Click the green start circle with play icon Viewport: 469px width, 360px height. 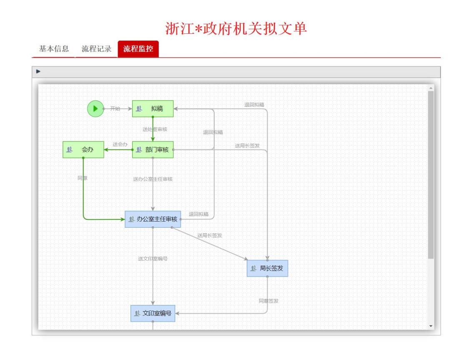pyautogui.click(x=95, y=109)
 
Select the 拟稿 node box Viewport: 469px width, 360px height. pyautogui.click(x=153, y=109)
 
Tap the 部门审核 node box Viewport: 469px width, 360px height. pyautogui.click(x=153, y=150)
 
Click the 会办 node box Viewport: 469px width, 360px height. pyautogui.click(x=83, y=150)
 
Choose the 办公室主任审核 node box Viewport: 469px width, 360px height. pyautogui.click(x=153, y=219)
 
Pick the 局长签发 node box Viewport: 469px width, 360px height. pyautogui.click(x=267, y=268)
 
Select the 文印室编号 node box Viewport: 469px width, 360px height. pyautogui.click(x=153, y=314)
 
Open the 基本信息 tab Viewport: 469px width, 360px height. pyautogui.click(x=54, y=49)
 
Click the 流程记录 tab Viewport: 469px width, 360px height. pyautogui.click(x=96, y=49)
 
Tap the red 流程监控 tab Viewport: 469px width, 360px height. pyautogui.click(x=138, y=49)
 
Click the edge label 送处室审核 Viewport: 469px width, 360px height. pyautogui.click(x=155, y=129)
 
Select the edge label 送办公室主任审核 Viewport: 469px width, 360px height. pyautogui.click(x=153, y=179)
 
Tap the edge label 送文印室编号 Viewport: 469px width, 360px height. pyautogui.click(x=153, y=259)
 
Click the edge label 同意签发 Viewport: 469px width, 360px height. pyautogui.click(x=268, y=301)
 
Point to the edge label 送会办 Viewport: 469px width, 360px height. pyautogui.click(x=120, y=144)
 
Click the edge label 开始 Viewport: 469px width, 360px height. pyautogui.click(x=115, y=109)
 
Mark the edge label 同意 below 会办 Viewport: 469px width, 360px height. pyautogui.click(x=83, y=178)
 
